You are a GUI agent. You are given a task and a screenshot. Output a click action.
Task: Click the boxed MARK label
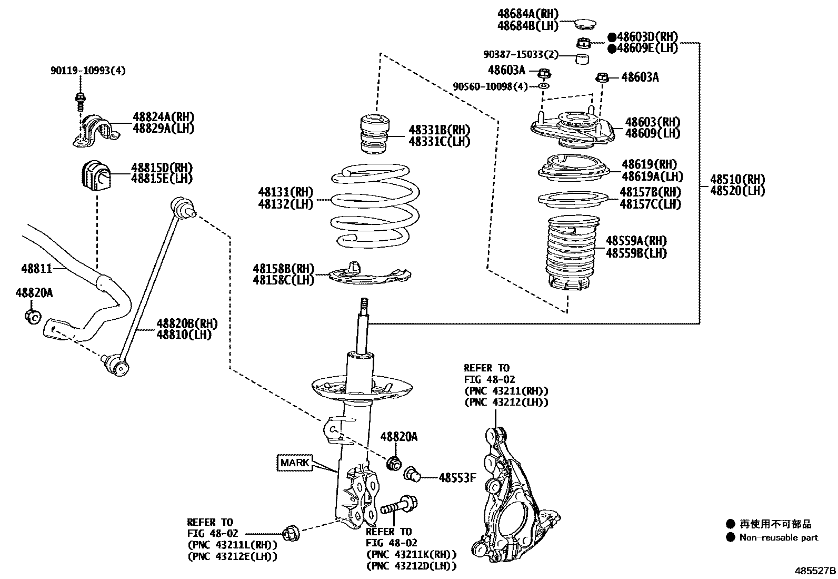pyautogui.click(x=295, y=463)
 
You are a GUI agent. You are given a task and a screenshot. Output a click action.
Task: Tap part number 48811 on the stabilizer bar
pyautogui.click(x=37, y=269)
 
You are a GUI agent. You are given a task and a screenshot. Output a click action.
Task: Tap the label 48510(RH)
pyautogui.click(x=737, y=179)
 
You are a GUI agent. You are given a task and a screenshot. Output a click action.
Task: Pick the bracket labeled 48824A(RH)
pyautogui.click(x=96, y=130)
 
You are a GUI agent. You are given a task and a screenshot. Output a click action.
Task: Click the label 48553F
pyautogui.click(x=457, y=478)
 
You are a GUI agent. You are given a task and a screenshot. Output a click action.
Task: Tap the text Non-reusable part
pyautogui.click(x=779, y=538)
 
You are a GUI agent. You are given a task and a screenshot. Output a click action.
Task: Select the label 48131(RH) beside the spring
pyautogui.click(x=285, y=192)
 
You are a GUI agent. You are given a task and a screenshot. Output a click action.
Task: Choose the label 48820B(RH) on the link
pyautogui.click(x=187, y=323)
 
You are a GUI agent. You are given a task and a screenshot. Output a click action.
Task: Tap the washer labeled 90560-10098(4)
pyautogui.click(x=544, y=86)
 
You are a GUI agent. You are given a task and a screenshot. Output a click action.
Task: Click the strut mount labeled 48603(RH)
pyautogui.click(x=571, y=129)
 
